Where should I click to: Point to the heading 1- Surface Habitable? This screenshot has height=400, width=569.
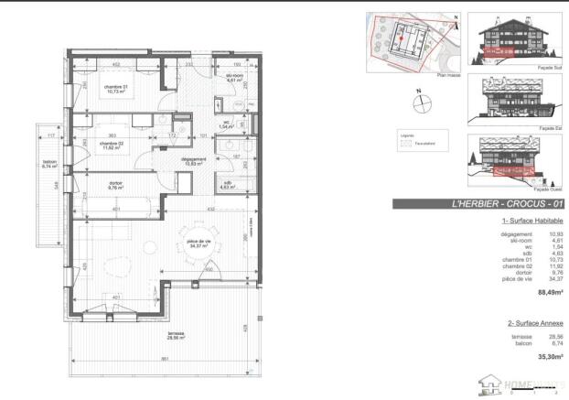click(532, 222)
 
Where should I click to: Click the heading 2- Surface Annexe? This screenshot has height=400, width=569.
click(535, 323)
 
